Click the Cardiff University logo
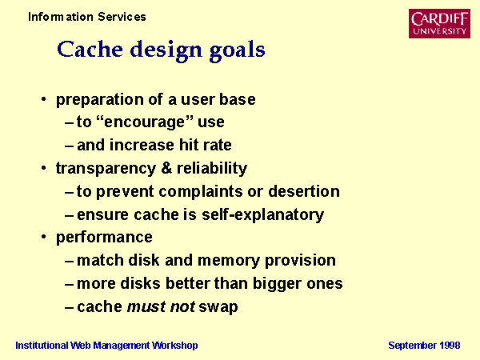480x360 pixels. tap(439, 23)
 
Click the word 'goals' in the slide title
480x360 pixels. tap(238, 50)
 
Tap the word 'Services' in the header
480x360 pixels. tap(122, 17)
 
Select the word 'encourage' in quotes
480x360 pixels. tap(144, 122)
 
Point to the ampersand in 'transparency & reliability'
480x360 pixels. tap(166, 168)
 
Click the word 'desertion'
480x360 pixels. tap(304, 191)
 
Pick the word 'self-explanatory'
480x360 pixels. tap(262, 214)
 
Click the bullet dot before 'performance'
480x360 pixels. tap(44, 237)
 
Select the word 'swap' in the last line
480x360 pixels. tap(218, 307)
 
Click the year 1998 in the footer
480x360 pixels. tap(450, 346)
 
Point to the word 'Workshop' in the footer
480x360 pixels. tap(175, 346)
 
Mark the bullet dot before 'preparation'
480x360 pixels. tap(44, 99)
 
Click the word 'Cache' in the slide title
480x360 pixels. tap(90, 50)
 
